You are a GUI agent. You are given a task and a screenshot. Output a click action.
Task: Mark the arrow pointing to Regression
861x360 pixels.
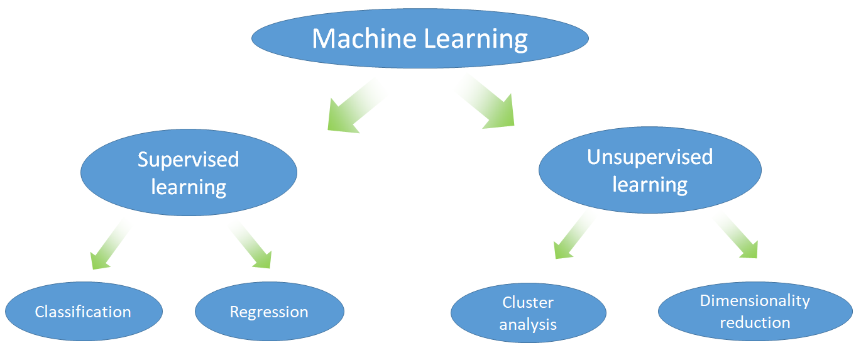pos(254,249)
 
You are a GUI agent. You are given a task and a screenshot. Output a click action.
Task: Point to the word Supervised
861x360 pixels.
pos(189,160)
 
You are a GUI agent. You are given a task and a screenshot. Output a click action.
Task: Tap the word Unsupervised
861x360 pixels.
pos(650,157)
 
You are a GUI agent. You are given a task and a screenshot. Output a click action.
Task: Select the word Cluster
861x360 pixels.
pos(528,303)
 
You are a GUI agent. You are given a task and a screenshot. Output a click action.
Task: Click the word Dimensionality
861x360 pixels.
pos(755,301)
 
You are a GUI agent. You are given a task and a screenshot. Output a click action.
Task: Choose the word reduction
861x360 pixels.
pos(755,323)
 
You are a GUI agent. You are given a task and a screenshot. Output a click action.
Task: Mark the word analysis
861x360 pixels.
pos(528,325)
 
